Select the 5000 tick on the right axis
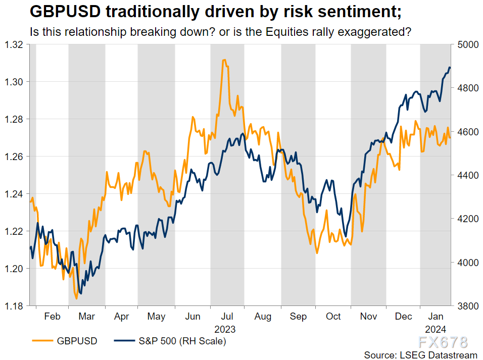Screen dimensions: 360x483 [x=467, y=44]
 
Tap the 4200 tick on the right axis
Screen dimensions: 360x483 [x=467, y=219]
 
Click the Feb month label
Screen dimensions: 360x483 [x=53, y=317]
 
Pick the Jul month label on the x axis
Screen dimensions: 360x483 [x=227, y=317]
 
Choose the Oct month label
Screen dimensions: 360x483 [x=333, y=317]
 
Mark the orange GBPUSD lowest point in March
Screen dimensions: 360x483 [x=76, y=298]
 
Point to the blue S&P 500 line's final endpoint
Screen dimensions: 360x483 [x=450, y=68]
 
